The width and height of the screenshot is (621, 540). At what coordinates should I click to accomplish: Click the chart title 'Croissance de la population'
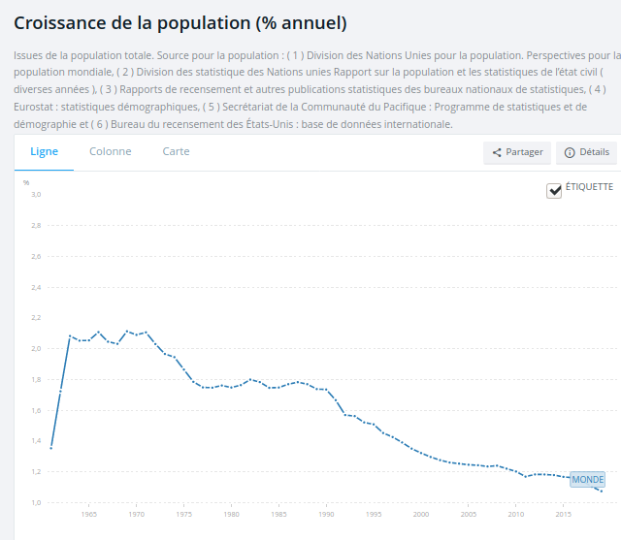(180, 22)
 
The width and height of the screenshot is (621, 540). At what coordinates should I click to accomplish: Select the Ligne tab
(44, 152)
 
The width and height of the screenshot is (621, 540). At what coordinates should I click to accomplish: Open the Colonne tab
(110, 152)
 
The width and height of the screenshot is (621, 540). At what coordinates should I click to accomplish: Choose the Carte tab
(176, 152)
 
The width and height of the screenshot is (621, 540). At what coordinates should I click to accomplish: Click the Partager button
(517, 153)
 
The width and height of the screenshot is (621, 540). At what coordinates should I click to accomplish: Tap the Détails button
(586, 153)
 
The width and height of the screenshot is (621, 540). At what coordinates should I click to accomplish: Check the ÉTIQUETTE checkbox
(554, 191)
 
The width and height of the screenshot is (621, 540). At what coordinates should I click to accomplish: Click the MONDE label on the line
(587, 480)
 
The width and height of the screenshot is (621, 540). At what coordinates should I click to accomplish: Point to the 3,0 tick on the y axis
(36, 195)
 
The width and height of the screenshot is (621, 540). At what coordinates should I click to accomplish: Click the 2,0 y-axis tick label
(36, 349)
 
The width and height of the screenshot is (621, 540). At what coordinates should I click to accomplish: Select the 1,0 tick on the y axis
(36, 503)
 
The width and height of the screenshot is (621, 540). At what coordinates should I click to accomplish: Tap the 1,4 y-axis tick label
(36, 441)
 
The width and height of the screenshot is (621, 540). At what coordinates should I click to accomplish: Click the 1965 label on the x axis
(88, 515)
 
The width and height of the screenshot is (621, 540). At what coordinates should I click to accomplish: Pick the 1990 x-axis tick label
(325, 515)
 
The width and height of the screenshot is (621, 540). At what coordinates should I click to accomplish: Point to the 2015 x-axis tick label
(563, 515)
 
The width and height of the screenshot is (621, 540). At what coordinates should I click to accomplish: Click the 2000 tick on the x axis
(420, 515)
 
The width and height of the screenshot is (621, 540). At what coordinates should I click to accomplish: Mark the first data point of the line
(50, 448)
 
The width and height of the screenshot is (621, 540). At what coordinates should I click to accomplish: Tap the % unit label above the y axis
(26, 182)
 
